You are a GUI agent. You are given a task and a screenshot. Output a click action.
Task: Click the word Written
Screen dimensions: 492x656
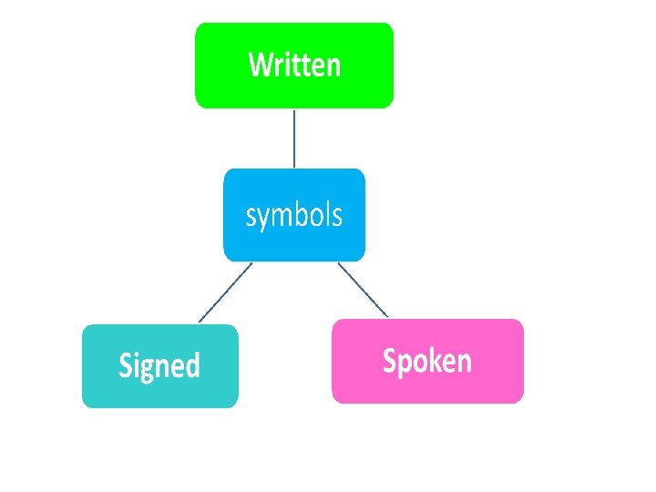pyautogui.click(x=294, y=65)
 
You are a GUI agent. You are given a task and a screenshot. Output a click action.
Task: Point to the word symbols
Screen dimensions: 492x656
pyautogui.click(x=294, y=216)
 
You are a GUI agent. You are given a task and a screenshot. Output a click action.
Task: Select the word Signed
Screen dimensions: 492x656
pyautogui.click(x=159, y=365)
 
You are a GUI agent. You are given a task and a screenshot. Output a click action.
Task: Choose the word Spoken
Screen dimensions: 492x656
pyautogui.click(x=427, y=361)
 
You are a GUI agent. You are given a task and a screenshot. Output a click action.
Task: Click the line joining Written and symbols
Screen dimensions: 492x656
pyautogui.click(x=294, y=138)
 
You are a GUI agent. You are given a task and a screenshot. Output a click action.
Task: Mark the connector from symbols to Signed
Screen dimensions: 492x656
pyautogui.click(x=224, y=292)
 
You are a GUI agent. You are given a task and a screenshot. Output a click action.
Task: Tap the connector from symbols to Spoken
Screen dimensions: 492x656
pyautogui.click(x=364, y=290)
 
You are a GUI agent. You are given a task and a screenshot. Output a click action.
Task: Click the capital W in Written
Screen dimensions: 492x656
pyautogui.click(x=261, y=65)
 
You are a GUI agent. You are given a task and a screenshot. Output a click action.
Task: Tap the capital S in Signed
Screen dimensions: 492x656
pyautogui.click(x=128, y=365)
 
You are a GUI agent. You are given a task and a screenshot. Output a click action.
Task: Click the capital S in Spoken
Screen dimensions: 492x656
pyautogui.click(x=390, y=361)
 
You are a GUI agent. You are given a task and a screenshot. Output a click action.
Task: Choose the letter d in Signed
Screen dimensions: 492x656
pyautogui.click(x=192, y=364)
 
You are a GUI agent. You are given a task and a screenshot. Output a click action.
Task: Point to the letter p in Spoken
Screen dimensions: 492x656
pyautogui.click(x=405, y=364)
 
